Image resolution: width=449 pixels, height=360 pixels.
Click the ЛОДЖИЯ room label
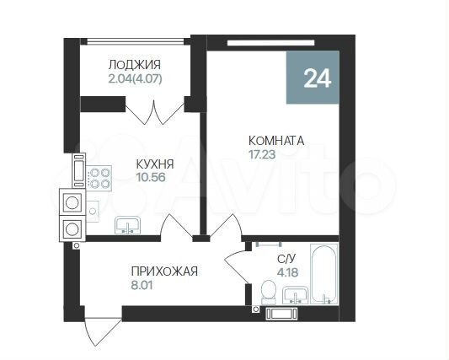pyautogui.click(x=134, y=65)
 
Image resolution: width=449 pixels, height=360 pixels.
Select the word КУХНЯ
pyautogui.click(x=155, y=166)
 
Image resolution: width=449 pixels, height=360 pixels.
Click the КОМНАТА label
pyautogui.click(x=275, y=141)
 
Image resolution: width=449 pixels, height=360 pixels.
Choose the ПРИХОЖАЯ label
pyautogui.click(x=163, y=271)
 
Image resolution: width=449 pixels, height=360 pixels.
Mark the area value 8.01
pyautogui.click(x=142, y=285)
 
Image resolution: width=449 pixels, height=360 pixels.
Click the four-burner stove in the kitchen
pyautogui.click(x=102, y=178)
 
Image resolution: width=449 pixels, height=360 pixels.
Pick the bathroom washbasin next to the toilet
pyautogui.click(x=294, y=294)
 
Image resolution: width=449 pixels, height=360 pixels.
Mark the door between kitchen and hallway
pyautogui.click(x=176, y=226)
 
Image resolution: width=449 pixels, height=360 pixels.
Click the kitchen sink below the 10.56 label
pyautogui.click(x=128, y=225)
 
